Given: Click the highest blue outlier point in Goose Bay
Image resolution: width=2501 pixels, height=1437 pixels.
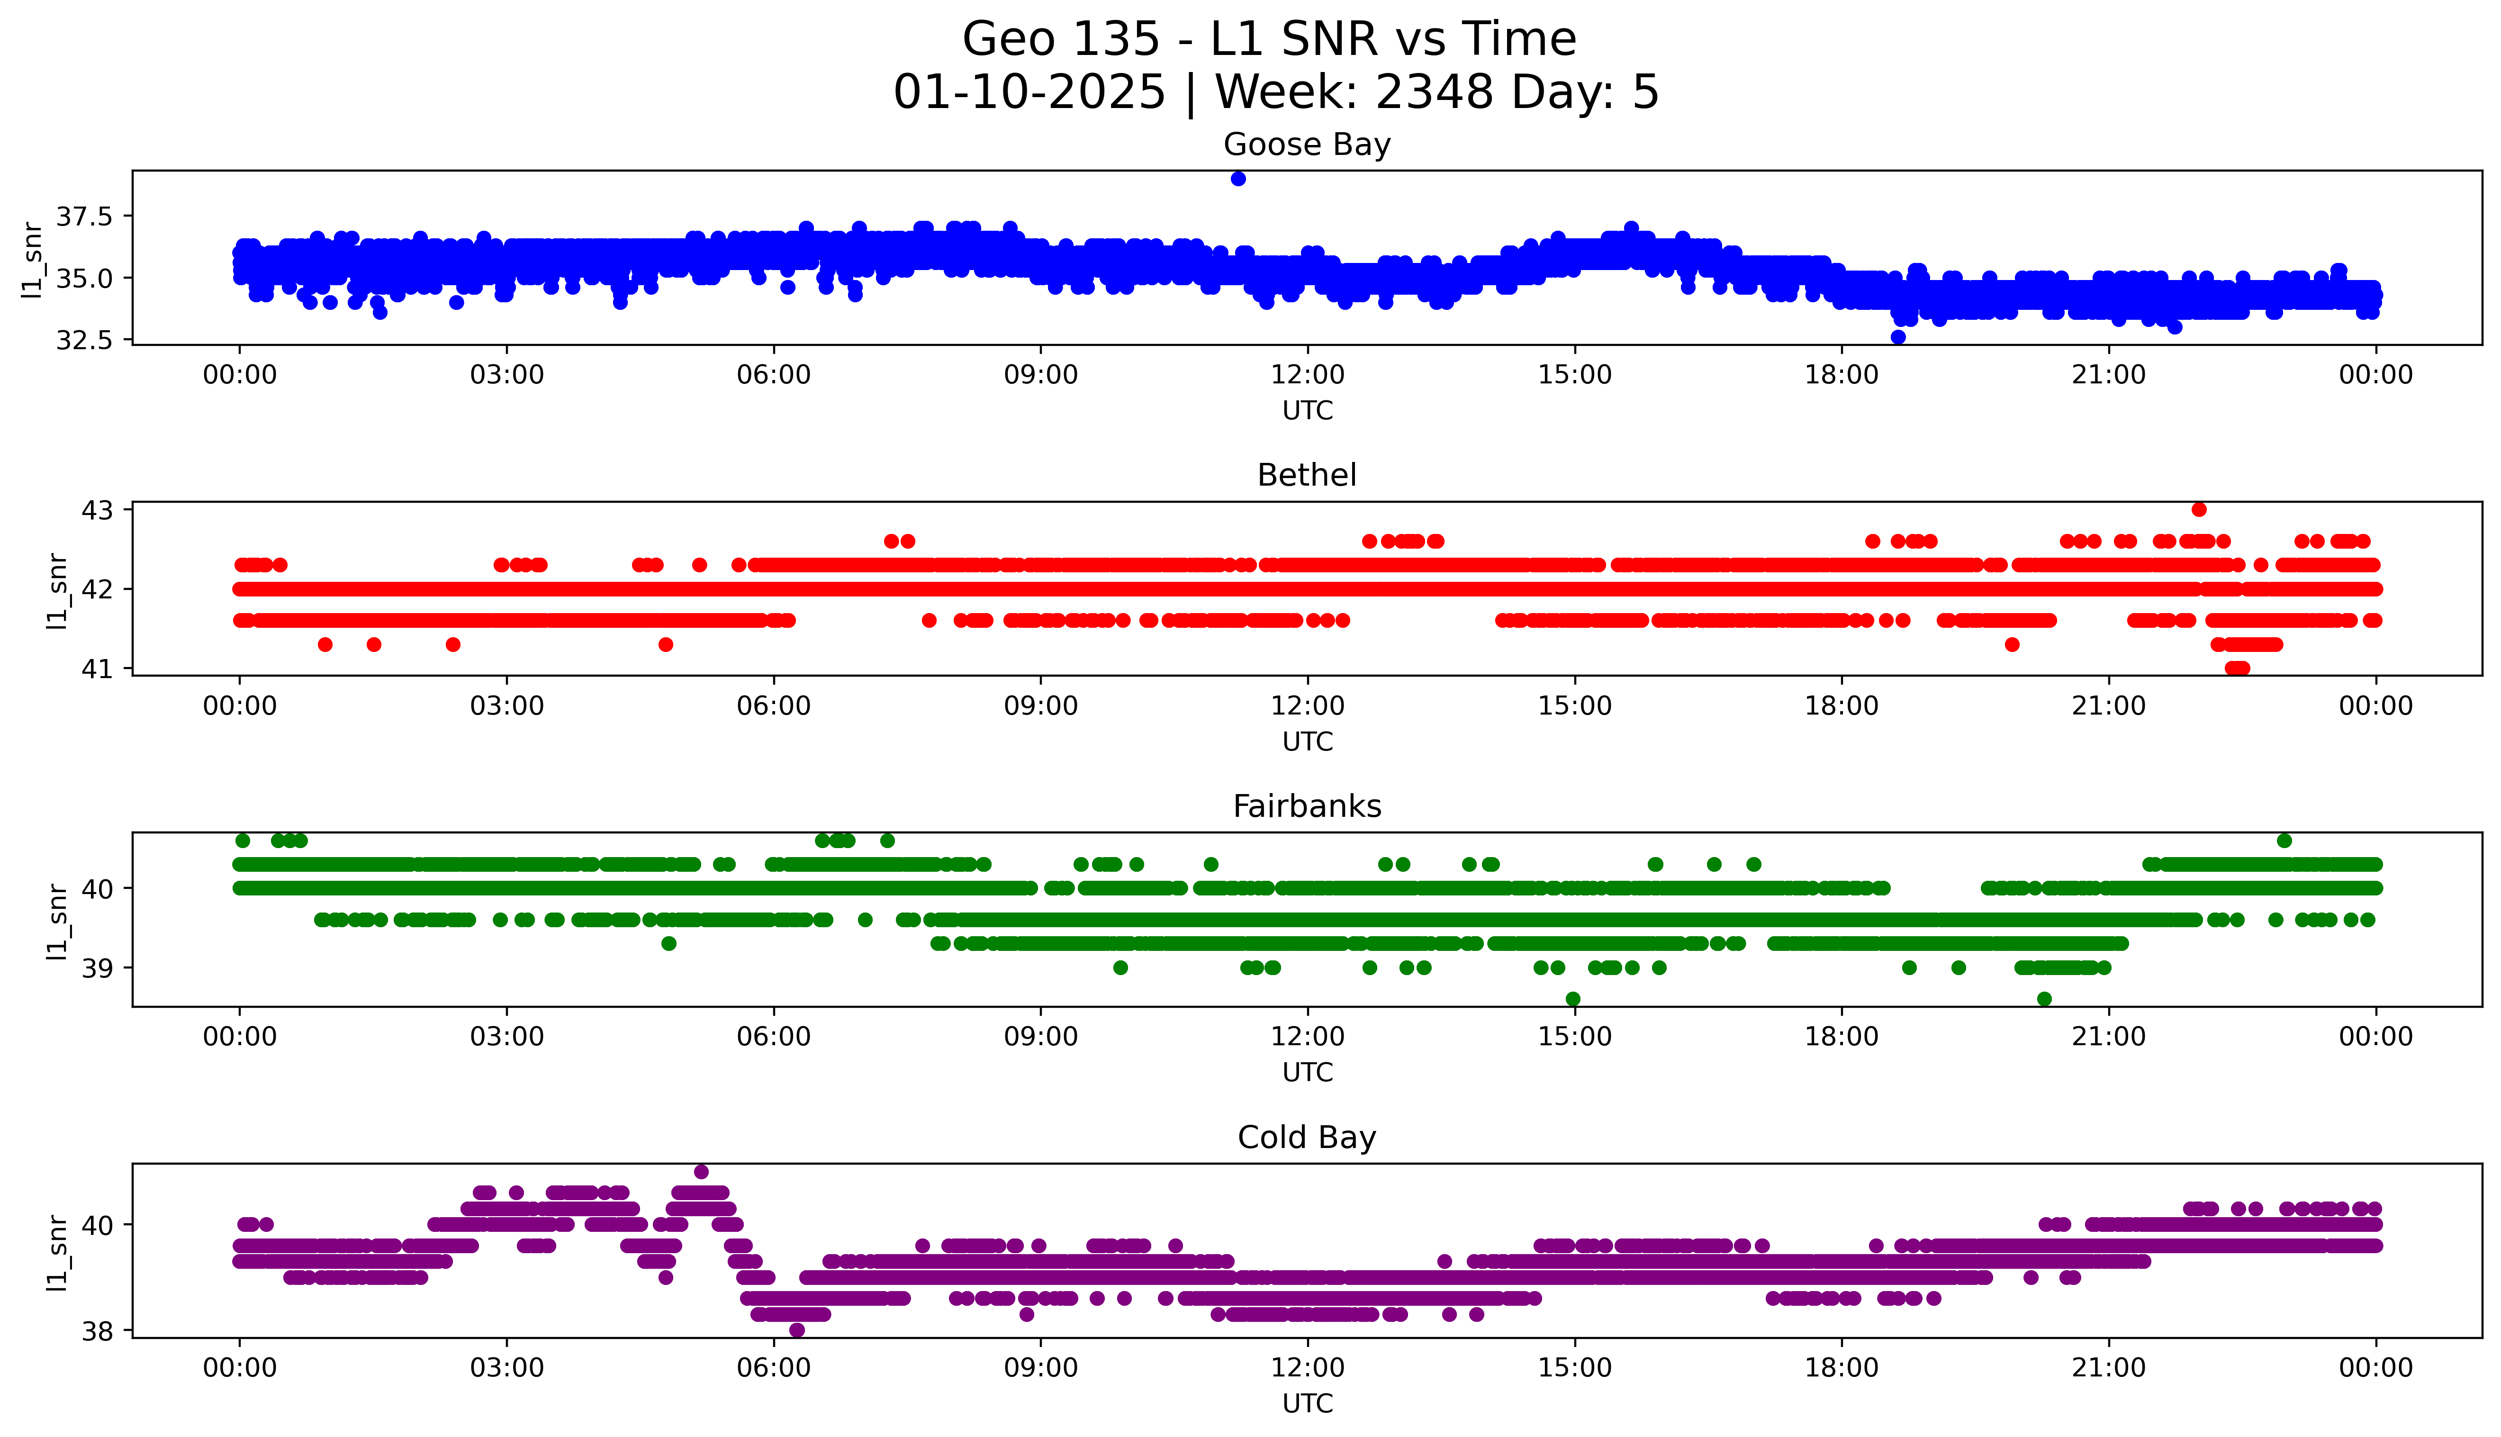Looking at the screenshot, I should [x=1238, y=179].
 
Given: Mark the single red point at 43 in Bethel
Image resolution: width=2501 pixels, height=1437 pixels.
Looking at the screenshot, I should [x=2199, y=509].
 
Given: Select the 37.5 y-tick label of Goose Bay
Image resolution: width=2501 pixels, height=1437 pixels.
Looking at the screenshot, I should [x=85, y=216].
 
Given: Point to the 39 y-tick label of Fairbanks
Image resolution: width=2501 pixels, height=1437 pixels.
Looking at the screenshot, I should [x=99, y=968].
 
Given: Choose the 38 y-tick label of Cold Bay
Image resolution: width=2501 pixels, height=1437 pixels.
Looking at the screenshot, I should [x=99, y=1331].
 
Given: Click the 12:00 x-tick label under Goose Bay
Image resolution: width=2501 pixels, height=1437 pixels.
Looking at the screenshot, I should [x=1307, y=375].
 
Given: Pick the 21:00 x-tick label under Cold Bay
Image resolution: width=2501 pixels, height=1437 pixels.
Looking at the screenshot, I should [x=2108, y=1368].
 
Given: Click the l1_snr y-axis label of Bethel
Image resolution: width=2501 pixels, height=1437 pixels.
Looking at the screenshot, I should [x=57, y=590].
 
